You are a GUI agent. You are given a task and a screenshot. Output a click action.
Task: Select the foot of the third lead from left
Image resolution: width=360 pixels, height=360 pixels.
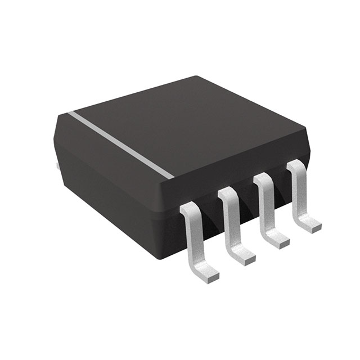tap(278, 242)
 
